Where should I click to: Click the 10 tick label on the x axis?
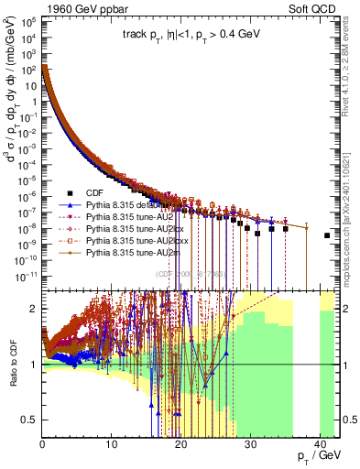[x=111, y=449]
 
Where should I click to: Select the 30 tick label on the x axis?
[x=249, y=449]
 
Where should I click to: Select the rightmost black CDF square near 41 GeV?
[x=327, y=236]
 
